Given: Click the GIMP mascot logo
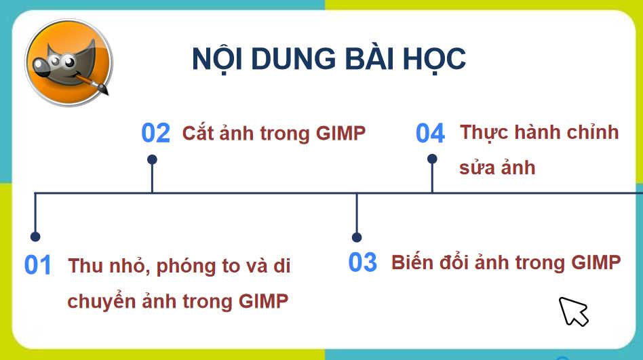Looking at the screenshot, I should pyautogui.click(x=69, y=62).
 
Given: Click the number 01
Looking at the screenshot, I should pyautogui.click(x=38, y=265).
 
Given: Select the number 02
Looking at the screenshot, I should pyautogui.click(x=155, y=134).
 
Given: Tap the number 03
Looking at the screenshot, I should pyautogui.click(x=362, y=262).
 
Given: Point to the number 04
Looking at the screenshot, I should pyautogui.click(x=430, y=134).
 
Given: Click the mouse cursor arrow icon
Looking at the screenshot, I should pyautogui.click(x=572, y=311).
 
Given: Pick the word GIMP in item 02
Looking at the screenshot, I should pyautogui.click(x=340, y=133).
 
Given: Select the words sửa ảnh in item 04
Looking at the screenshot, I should pyautogui.click(x=497, y=167).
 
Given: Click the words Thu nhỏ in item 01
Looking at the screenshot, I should pyautogui.click(x=107, y=266).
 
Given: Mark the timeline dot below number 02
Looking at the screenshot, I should pyautogui.click(x=152, y=159).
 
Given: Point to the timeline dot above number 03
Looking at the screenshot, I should pyautogui.click(x=357, y=237).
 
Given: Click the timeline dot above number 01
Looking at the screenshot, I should pyautogui.click(x=35, y=237).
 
